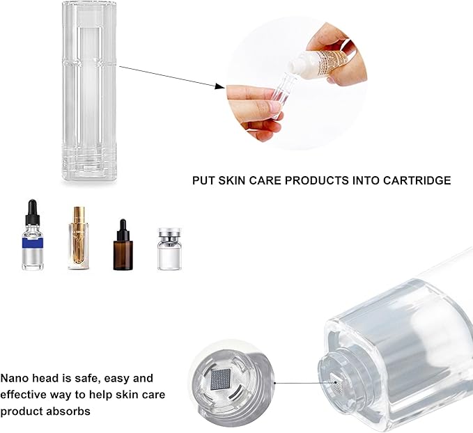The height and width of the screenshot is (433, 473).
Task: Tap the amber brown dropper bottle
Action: tap(122, 247)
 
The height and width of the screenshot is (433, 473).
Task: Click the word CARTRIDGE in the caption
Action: tap(419, 180)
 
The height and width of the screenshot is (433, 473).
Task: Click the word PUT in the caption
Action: tap(203, 180)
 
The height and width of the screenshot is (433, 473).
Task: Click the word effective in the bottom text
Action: tap(24, 395)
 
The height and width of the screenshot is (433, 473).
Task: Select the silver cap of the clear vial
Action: tap(168, 235)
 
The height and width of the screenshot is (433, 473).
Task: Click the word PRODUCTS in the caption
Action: tap(314, 180)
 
